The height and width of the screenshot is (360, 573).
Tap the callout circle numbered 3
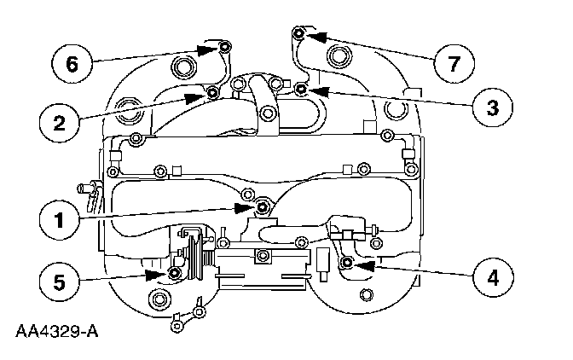tap(492, 106)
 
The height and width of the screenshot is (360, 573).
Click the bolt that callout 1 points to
tap(260, 206)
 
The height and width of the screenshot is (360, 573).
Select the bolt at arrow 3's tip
tap(300, 88)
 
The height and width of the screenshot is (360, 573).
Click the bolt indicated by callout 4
tap(346, 264)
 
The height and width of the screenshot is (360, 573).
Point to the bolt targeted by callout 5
tap(175, 273)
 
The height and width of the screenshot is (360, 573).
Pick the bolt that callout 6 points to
tap(224, 46)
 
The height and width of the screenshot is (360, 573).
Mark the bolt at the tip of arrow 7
tap(298, 33)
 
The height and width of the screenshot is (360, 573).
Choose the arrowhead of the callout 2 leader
tap(197, 95)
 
